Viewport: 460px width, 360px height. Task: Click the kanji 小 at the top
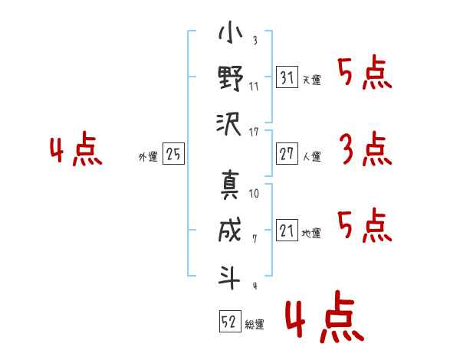click(230, 31)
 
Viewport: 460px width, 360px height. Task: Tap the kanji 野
click(231, 78)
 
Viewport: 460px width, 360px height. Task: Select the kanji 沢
click(228, 124)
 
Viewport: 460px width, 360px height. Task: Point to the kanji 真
click(230, 185)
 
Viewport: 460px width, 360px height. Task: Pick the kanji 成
click(230, 229)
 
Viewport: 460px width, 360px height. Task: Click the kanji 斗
click(229, 277)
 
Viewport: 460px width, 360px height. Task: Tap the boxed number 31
click(287, 77)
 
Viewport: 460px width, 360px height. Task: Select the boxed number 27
click(287, 153)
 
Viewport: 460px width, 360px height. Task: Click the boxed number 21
click(287, 230)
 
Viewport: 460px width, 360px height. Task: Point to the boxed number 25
click(173, 153)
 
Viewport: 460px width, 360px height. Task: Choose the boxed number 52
click(230, 321)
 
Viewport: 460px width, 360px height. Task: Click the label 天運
click(312, 80)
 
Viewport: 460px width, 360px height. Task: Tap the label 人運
click(312, 156)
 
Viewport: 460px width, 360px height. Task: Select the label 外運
click(148, 156)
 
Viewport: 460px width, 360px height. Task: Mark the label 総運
click(255, 325)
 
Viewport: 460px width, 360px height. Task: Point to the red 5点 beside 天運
click(365, 73)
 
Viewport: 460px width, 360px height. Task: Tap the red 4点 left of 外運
click(76, 149)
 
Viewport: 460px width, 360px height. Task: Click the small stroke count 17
click(254, 133)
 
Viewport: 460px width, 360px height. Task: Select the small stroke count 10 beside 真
click(254, 194)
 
